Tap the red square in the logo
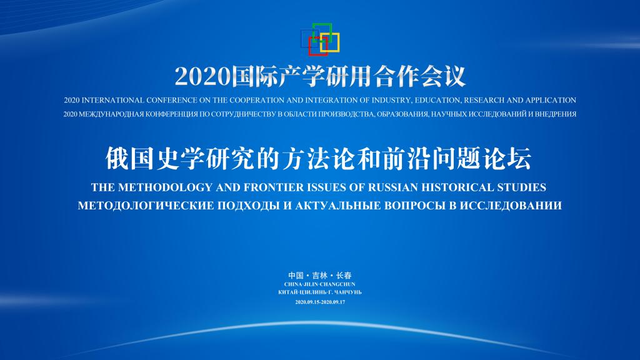[x=309, y=46]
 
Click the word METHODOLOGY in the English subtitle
[x=165, y=187]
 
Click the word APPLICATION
[x=551, y=101]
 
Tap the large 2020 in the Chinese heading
[x=202, y=76]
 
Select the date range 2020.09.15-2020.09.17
[x=320, y=302]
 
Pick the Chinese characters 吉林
[x=319, y=276]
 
